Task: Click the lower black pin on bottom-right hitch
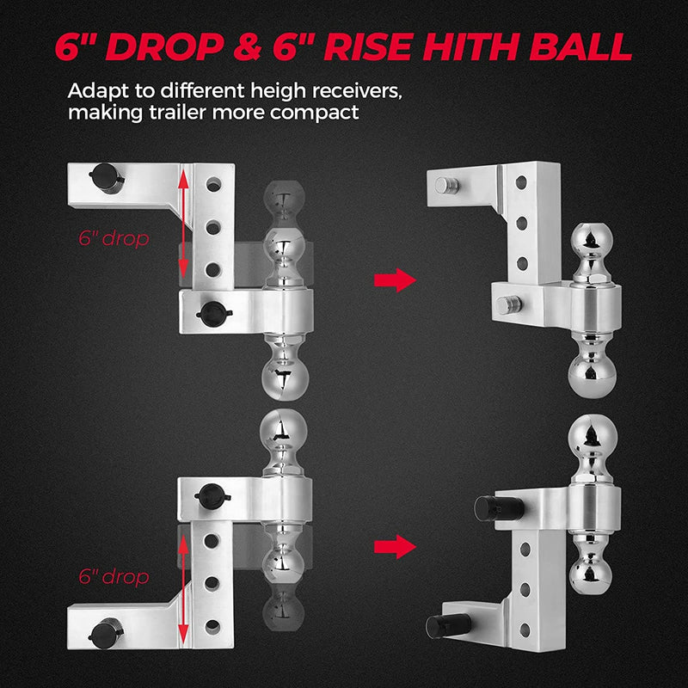tap(450, 623)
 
